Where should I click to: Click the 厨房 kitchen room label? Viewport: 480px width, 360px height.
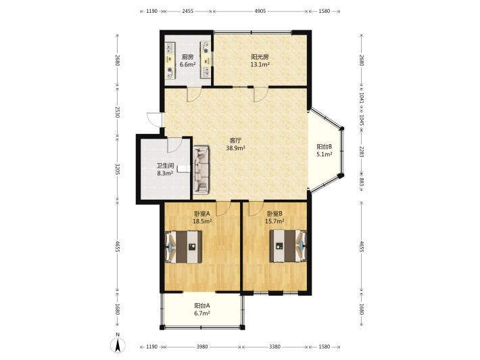click(187, 57)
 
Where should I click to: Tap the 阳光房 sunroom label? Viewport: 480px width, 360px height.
click(260, 57)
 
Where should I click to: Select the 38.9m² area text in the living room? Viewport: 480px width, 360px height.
click(235, 148)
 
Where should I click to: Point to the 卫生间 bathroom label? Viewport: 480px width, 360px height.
click(166, 165)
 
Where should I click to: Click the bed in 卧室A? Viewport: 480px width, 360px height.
click(184, 246)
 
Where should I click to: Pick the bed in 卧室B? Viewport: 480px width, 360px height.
click(288, 246)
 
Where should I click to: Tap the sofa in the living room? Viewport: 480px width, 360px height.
click(201, 169)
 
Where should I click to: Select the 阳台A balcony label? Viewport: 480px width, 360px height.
click(202, 305)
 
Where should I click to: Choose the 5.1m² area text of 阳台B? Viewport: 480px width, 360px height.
click(325, 154)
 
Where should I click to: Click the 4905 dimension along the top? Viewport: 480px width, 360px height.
click(260, 12)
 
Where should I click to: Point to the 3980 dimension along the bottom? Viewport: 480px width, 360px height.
click(201, 346)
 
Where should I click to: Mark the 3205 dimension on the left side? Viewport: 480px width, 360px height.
click(117, 169)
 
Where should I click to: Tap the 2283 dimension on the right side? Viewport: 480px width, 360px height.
click(362, 152)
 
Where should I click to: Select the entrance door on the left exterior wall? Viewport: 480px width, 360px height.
click(154, 120)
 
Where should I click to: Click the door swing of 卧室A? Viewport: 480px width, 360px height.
click(224, 208)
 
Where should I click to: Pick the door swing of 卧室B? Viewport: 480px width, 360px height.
click(256, 208)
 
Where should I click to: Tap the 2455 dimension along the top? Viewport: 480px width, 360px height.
click(187, 12)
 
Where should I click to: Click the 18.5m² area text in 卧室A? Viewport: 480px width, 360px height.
click(202, 221)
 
